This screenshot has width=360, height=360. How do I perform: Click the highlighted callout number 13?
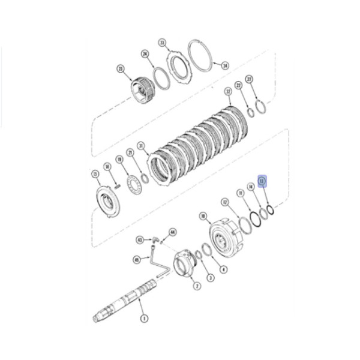[262, 180]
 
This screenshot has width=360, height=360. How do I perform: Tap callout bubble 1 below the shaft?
[143, 318]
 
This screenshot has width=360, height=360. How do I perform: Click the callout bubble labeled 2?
[197, 287]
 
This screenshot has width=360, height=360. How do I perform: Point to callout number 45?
[137, 260]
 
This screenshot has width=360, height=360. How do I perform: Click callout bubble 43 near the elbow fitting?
[139, 239]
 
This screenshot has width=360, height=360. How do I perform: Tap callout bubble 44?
[173, 232]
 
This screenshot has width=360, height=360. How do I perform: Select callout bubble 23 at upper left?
[120, 70]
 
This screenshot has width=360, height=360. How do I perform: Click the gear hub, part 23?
[143, 89]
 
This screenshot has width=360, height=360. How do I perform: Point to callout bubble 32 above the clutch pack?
[228, 91]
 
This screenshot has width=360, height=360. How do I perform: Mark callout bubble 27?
[250, 79]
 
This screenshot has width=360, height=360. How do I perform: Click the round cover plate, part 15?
[109, 201]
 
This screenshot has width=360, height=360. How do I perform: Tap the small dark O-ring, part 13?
[270, 209]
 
